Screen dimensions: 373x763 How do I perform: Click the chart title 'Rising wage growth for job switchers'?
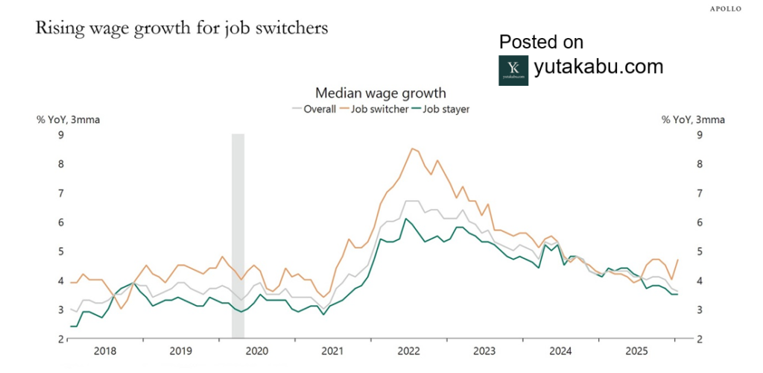pyautogui.click(x=182, y=29)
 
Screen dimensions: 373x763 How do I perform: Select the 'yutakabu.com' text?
pyautogui.click(x=598, y=66)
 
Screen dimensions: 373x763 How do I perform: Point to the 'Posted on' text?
pyautogui.click(x=541, y=42)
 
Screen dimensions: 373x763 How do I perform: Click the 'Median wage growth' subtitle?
pyautogui.click(x=381, y=93)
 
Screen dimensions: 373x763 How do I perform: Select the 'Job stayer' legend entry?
pyautogui.click(x=446, y=109)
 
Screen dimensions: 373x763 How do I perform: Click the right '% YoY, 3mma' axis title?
pyautogui.click(x=693, y=119)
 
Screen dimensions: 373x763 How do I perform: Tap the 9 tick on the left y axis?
pyautogui.click(x=61, y=135)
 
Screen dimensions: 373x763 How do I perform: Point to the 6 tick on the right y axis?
pyautogui.click(x=699, y=222)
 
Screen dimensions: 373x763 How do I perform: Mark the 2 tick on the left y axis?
pyautogui.click(x=61, y=339)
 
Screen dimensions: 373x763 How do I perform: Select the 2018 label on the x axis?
pyautogui.click(x=105, y=351)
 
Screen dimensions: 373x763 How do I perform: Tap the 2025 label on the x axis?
pyautogui.click(x=636, y=351)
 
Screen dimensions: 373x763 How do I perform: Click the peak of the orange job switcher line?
pyautogui.click(x=412, y=148)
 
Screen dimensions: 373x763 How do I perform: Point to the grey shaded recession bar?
pyautogui.click(x=238, y=235)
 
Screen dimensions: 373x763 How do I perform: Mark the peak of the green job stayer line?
pyautogui.click(x=405, y=219)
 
